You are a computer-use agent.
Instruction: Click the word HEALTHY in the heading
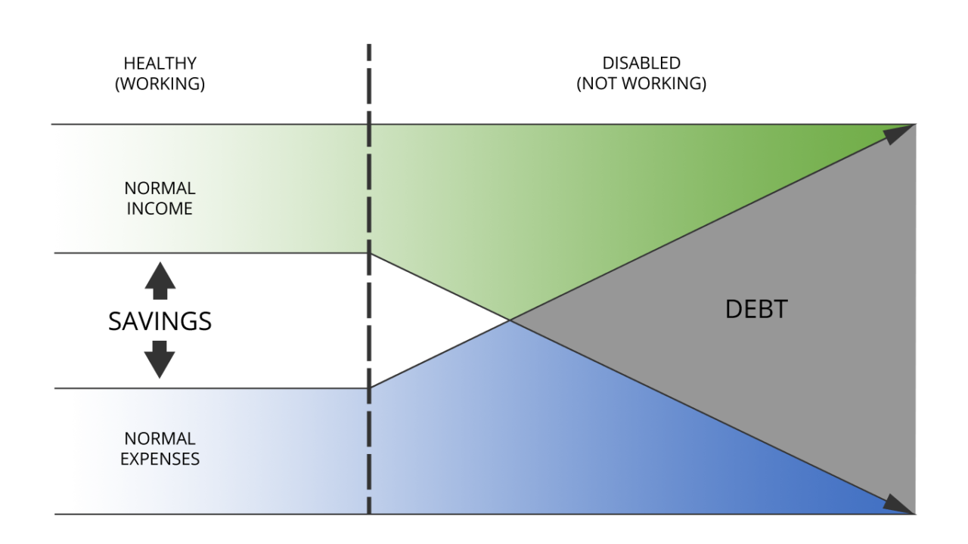click(x=160, y=63)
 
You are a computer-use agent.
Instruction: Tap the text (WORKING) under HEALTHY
click(x=160, y=84)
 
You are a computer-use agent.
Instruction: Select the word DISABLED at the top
click(x=641, y=63)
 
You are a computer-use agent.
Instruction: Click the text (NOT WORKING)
click(x=641, y=84)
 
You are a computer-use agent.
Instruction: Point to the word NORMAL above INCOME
click(x=160, y=188)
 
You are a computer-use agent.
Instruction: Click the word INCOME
click(x=160, y=209)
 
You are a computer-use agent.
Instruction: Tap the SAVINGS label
click(x=160, y=321)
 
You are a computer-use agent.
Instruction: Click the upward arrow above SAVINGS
click(x=160, y=280)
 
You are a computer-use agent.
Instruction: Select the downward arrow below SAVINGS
click(x=160, y=360)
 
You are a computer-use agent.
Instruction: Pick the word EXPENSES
click(x=160, y=459)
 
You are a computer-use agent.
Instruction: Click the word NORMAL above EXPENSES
click(x=160, y=439)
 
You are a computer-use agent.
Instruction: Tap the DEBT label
click(x=756, y=310)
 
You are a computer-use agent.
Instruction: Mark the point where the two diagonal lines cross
click(x=510, y=320)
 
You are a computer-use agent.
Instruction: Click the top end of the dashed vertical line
click(x=369, y=44)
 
